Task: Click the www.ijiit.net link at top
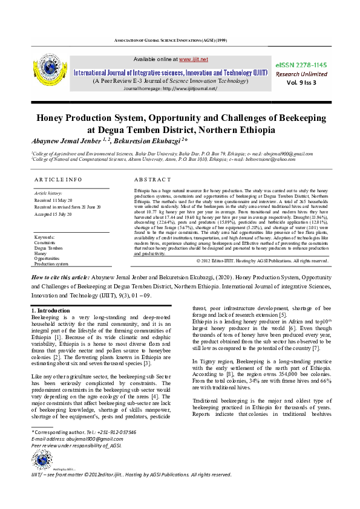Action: [x=194, y=59]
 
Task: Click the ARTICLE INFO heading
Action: [x=58, y=180]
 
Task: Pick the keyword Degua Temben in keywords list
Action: [x=48, y=248]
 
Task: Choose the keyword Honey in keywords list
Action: [x=41, y=254]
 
